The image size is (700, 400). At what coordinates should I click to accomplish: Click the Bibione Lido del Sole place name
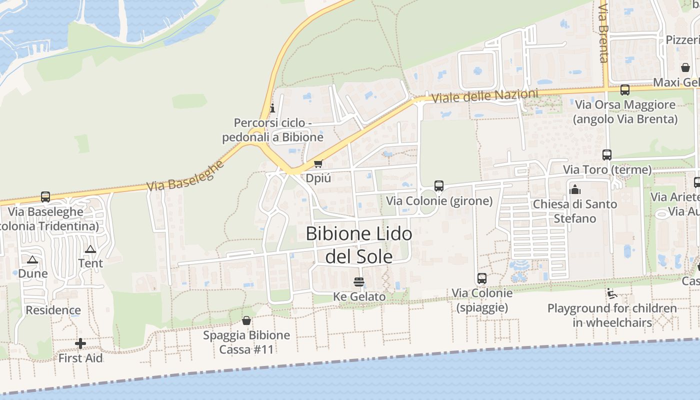point(358,244)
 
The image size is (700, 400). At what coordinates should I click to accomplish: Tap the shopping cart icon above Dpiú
point(318,163)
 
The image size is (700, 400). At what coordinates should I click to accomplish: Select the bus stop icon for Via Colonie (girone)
point(439,186)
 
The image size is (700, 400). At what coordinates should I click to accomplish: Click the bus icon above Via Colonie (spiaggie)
point(482,278)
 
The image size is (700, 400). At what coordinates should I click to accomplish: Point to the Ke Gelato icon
point(358,282)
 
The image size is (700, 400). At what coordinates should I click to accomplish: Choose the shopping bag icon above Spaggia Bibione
point(246,320)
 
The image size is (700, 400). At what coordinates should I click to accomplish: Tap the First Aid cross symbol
point(80,343)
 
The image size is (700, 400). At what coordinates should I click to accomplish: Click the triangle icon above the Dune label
point(32,259)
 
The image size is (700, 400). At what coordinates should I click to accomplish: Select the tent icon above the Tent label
point(90,249)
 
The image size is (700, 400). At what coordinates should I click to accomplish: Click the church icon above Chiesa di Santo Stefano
point(575,189)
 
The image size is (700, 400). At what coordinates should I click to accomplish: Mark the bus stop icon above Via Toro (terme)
point(607,155)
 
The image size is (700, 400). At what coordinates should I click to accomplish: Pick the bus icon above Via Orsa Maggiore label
point(625,90)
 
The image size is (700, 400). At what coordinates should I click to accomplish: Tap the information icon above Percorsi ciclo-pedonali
point(272,107)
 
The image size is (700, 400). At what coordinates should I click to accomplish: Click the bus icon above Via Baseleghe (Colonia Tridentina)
point(45,197)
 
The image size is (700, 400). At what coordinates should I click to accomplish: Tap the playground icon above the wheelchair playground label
point(611,293)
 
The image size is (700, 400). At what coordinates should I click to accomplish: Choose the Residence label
point(53,310)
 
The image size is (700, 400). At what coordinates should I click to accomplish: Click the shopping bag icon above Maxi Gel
point(685,67)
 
